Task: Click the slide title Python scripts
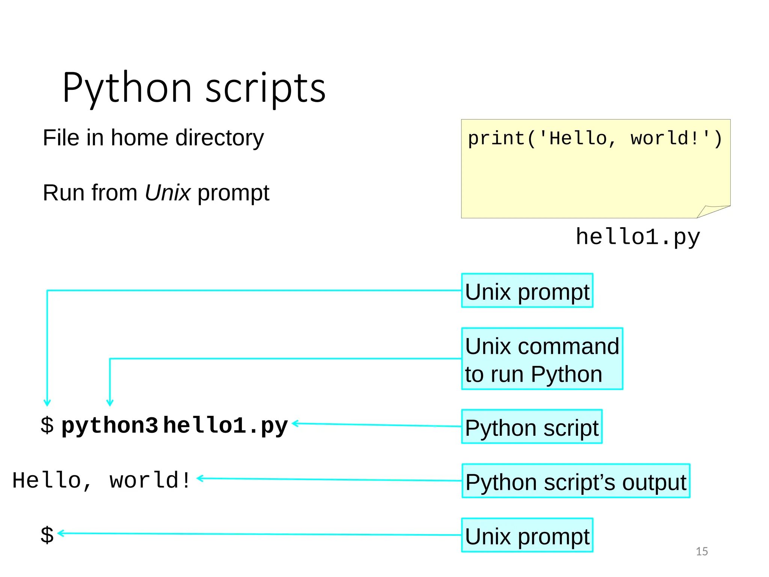click(194, 88)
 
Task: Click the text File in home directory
click(153, 138)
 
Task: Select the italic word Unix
click(167, 193)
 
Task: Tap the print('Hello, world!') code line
click(595, 139)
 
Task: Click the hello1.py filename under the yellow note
click(638, 237)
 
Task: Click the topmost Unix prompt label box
click(527, 291)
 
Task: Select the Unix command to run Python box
click(542, 359)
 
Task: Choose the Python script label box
click(531, 427)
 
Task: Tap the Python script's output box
click(576, 481)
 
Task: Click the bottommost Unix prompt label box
click(527, 535)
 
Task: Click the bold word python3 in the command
click(110, 426)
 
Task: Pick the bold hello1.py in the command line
click(225, 426)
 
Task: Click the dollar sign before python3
click(47, 426)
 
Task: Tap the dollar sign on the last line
click(47, 535)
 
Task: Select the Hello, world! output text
click(101, 480)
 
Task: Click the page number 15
click(701, 551)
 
